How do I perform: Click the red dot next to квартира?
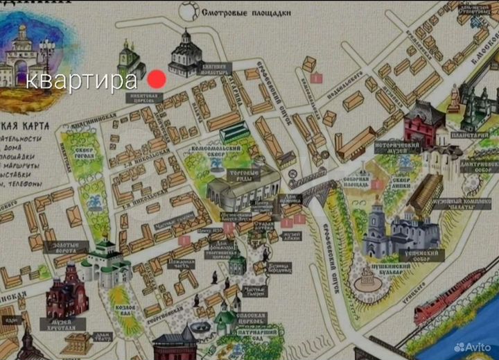click(157, 79)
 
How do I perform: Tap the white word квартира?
click(82, 80)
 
